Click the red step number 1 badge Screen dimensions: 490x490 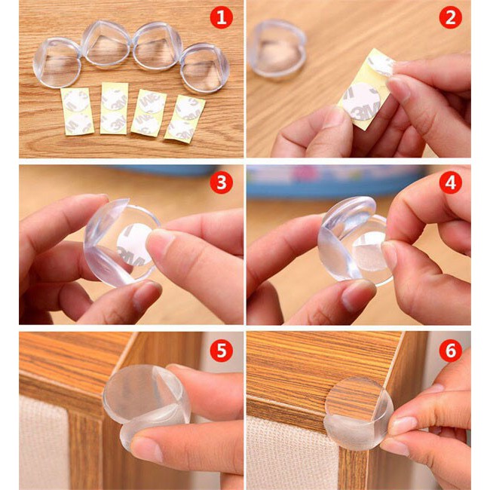click(x=221, y=17)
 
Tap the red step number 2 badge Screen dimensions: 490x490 click(x=450, y=17)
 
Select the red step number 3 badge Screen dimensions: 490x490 click(x=221, y=183)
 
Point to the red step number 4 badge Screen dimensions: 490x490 click(x=450, y=183)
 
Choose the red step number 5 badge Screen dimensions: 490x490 click(x=221, y=349)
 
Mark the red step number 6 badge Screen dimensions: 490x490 click(x=450, y=349)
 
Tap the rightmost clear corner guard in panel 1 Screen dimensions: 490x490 click(x=204, y=67)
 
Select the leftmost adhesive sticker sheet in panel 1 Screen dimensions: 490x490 click(x=78, y=111)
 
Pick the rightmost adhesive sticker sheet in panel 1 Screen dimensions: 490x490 click(x=185, y=118)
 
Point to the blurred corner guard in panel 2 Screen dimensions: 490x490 click(x=277, y=48)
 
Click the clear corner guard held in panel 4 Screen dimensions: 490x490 click(x=354, y=241)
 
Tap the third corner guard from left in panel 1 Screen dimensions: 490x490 click(x=157, y=47)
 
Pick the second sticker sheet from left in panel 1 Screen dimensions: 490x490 click(x=115, y=109)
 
